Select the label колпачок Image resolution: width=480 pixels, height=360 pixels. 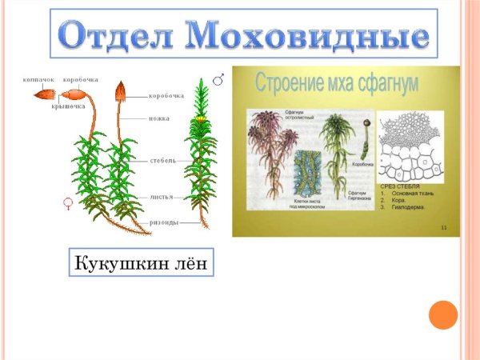point(38,81)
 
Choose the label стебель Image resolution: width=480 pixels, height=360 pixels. point(163,160)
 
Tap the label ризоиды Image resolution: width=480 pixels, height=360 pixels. point(164,222)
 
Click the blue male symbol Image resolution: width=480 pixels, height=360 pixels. point(218,78)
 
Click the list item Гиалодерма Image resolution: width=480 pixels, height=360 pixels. point(409,206)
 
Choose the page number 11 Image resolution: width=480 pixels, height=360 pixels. point(444,228)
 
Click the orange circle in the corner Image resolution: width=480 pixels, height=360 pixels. point(442,314)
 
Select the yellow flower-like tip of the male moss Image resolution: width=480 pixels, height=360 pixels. point(200,119)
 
